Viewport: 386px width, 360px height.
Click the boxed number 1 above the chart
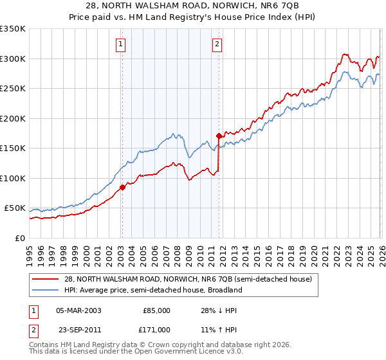[121, 44]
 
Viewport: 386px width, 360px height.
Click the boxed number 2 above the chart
[217, 44]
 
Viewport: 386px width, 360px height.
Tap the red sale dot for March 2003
[122, 188]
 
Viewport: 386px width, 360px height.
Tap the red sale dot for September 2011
[219, 136]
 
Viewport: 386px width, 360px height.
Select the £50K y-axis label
[15, 208]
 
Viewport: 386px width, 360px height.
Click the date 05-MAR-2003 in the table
[78, 310]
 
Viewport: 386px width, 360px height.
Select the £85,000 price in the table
[156, 310]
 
